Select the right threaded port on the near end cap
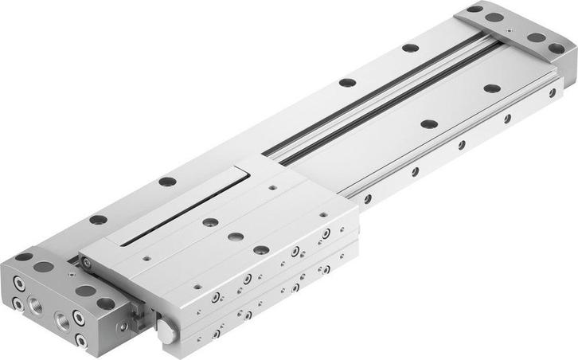[x=61, y=320]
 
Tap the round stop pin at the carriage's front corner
[x=166, y=332]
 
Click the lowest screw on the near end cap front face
[x=81, y=340]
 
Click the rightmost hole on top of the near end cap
[x=105, y=303]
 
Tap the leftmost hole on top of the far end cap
[x=475, y=10]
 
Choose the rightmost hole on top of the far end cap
[x=556, y=48]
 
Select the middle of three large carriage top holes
[x=235, y=237]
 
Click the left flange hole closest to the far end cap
[x=410, y=48]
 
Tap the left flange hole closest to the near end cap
[x=98, y=219]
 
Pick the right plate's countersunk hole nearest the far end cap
[x=492, y=88]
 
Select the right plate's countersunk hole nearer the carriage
[x=428, y=123]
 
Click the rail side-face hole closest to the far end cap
[x=551, y=93]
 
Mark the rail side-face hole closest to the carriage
[x=368, y=198]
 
